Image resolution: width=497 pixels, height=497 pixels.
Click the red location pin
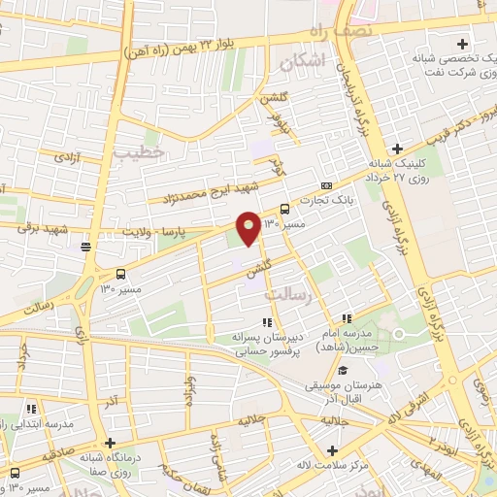click(248, 227)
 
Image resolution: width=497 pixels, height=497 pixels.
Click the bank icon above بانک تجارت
click(326, 185)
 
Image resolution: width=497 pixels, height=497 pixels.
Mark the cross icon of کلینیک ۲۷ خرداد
click(395, 149)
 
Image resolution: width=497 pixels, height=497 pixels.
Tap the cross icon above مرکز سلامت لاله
click(333, 450)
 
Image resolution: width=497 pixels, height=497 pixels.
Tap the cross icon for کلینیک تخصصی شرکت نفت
click(462, 43)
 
